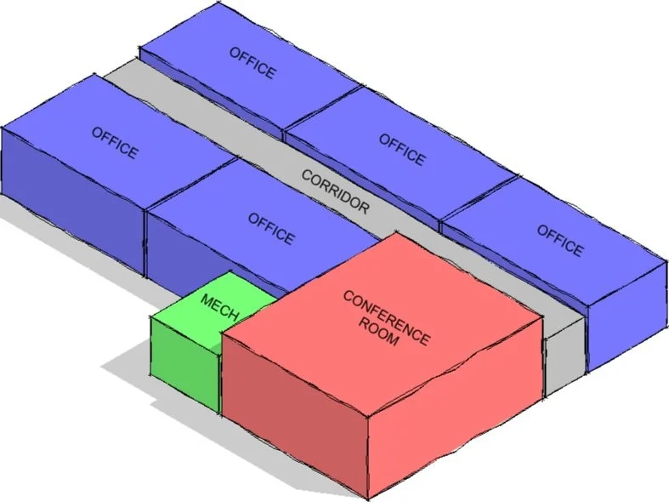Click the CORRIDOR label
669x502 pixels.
[x=336, y=192]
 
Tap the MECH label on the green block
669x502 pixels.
[x=219, y=306]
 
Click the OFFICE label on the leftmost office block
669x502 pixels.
[x=114, y=142]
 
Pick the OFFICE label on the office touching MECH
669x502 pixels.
[x=271, y=228]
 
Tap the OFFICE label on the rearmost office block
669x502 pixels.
[x=252, y=62]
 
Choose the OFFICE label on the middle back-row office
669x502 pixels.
[x=401, y=149]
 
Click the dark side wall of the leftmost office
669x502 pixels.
[x=72, y=204]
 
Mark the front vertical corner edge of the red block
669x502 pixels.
[x=366, y=459]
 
